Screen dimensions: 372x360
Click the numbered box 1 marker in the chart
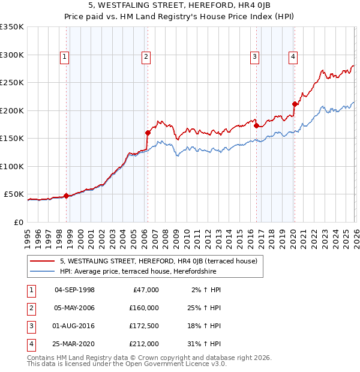click(64, 58)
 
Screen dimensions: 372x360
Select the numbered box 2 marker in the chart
click(146, 58)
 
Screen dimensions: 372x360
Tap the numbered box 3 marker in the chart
click(254, 58)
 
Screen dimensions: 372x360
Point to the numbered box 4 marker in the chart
click(293, 58)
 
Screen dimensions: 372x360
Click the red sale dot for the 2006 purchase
click(148, 133)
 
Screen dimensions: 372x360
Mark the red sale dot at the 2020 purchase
click(295, 104)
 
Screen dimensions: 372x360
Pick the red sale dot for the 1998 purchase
click(66, 195)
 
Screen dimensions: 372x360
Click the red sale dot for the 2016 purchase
click(256, 126)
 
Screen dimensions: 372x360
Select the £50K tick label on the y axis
click(14, 194)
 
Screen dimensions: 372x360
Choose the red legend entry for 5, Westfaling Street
click(158, 261)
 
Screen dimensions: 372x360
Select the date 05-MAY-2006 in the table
click(74, 308)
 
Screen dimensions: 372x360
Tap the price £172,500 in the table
click(143, 326)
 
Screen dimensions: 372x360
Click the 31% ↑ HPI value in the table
click(205, 344)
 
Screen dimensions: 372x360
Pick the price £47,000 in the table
click(146, 290)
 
